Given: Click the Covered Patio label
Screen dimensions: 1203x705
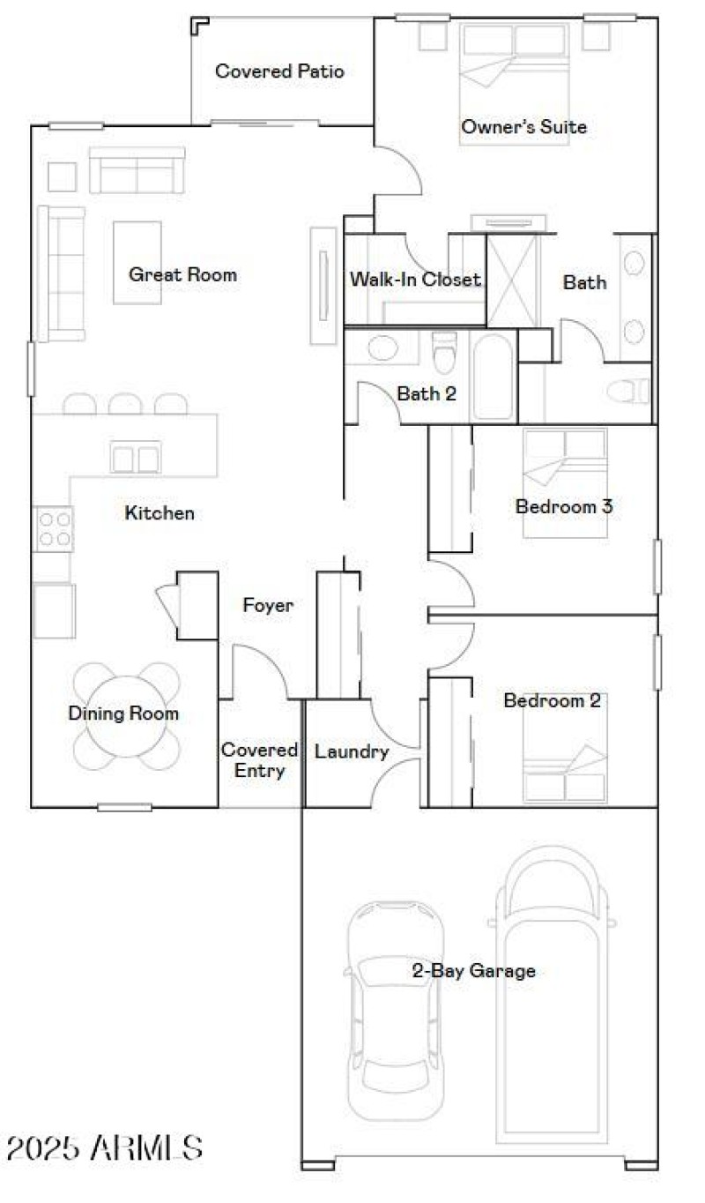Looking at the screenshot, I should (x=279, y=71).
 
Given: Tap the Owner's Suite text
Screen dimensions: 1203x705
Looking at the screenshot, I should (x=523, y=127).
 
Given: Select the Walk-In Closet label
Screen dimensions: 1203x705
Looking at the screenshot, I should (x=415, y=280).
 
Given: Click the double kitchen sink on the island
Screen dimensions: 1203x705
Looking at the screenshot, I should (x=136, y=458).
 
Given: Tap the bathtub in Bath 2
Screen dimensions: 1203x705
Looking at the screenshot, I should (x=492, y=377).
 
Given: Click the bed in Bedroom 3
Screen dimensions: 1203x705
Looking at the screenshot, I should (x=564, y=482).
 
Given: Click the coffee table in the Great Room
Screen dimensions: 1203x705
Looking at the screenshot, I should (x=137, y=262).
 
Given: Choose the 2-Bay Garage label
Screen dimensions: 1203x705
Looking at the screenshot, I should (x=473, y=971).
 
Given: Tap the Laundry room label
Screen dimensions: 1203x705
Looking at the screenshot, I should (x=352, y=752).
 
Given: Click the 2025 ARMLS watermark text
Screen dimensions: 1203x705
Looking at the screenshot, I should (x=104, y=1147).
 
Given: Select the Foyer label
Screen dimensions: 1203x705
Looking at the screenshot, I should (x=268, y=606).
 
